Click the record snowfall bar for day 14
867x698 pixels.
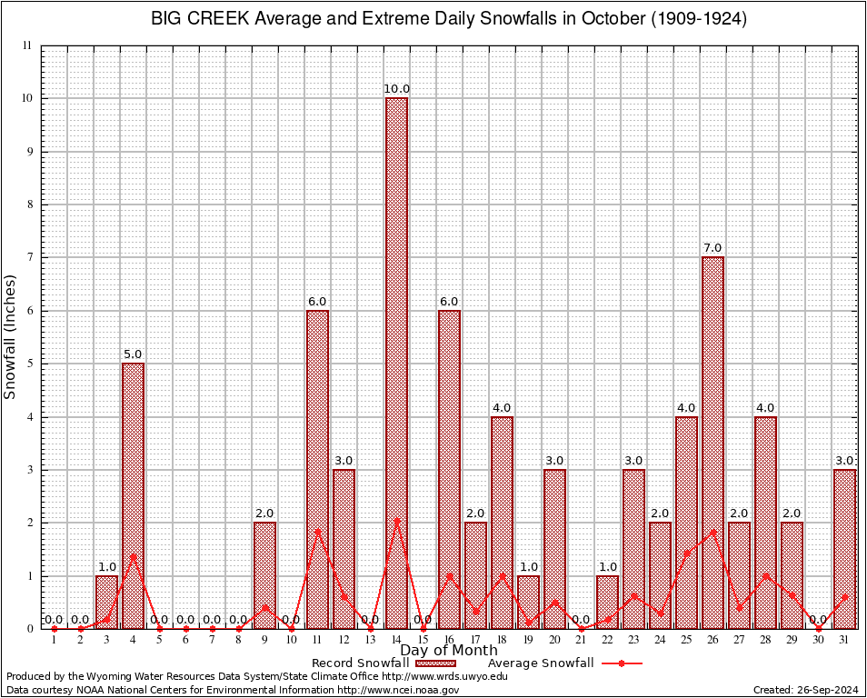(x=396, y=364)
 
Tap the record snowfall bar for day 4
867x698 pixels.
(x=133, y=495)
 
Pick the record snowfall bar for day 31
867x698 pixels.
(x=845, y=549)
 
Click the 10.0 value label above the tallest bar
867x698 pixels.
(x=396, y=89)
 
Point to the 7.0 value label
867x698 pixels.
(x=713, y=248)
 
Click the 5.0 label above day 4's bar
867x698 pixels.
(x=133, y=354)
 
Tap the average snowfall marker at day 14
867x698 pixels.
(x=396, y=521)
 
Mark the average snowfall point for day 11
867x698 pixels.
(x=317, y=530)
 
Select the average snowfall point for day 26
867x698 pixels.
(x=713, y=531)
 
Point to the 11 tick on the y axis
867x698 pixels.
(x=27, y=45)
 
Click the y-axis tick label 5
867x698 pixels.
(x=28, y=364)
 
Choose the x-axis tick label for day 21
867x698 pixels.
(x=581, y=640)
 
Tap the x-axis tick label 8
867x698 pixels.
(x=238, y=640)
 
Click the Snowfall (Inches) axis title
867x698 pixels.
(x=11, y=337)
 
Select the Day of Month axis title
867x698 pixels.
(x=448, y=651)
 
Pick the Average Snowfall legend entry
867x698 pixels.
(x=540, y=663)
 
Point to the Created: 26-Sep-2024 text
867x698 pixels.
(x=805, y=690)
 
